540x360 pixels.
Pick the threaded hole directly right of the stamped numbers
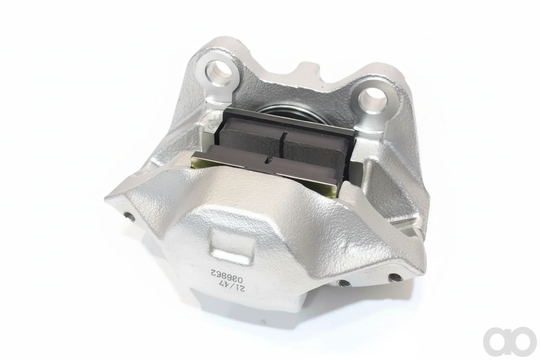(x=342, y=283)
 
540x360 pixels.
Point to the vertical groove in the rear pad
(x=283, y=138)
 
